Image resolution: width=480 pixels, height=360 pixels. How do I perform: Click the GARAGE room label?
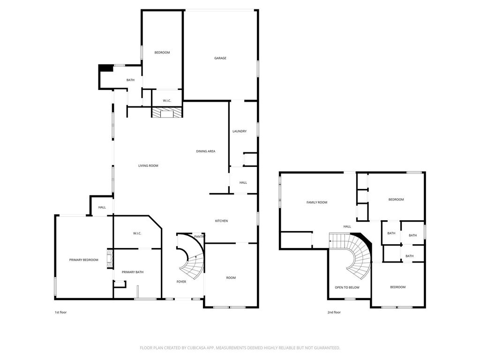(x=220, y=58)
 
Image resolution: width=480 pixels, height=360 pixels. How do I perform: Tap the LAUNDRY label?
(x=240, y=131)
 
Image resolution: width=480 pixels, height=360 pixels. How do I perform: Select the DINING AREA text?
(x=206, y=151)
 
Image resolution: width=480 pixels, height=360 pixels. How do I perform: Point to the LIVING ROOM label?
(x=148, y=165)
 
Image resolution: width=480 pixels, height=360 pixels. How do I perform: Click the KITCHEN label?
(x=221, y=221)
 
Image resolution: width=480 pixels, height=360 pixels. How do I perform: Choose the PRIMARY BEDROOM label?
(x=83, y=260)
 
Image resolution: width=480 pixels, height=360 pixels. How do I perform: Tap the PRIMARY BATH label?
(x=133, y=272)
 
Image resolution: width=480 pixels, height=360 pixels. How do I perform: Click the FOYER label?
(x=181, y=282)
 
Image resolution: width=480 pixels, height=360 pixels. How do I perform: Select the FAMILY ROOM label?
(x=317, y=202)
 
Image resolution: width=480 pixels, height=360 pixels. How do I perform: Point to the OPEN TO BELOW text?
(x=347, y=287)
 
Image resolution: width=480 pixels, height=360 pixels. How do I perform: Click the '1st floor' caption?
(x=60, y=312)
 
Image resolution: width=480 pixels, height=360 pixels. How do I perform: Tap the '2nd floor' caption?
(x=334, y=312)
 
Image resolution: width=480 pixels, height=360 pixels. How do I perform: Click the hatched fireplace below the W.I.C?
(x=167, y=112)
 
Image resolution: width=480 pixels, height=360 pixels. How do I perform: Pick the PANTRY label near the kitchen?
(x=199, y=237)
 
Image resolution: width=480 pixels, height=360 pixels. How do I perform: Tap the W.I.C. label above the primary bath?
(x=137, y=233)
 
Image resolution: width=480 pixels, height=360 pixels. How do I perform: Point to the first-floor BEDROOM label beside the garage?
(x=162, y=52)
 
